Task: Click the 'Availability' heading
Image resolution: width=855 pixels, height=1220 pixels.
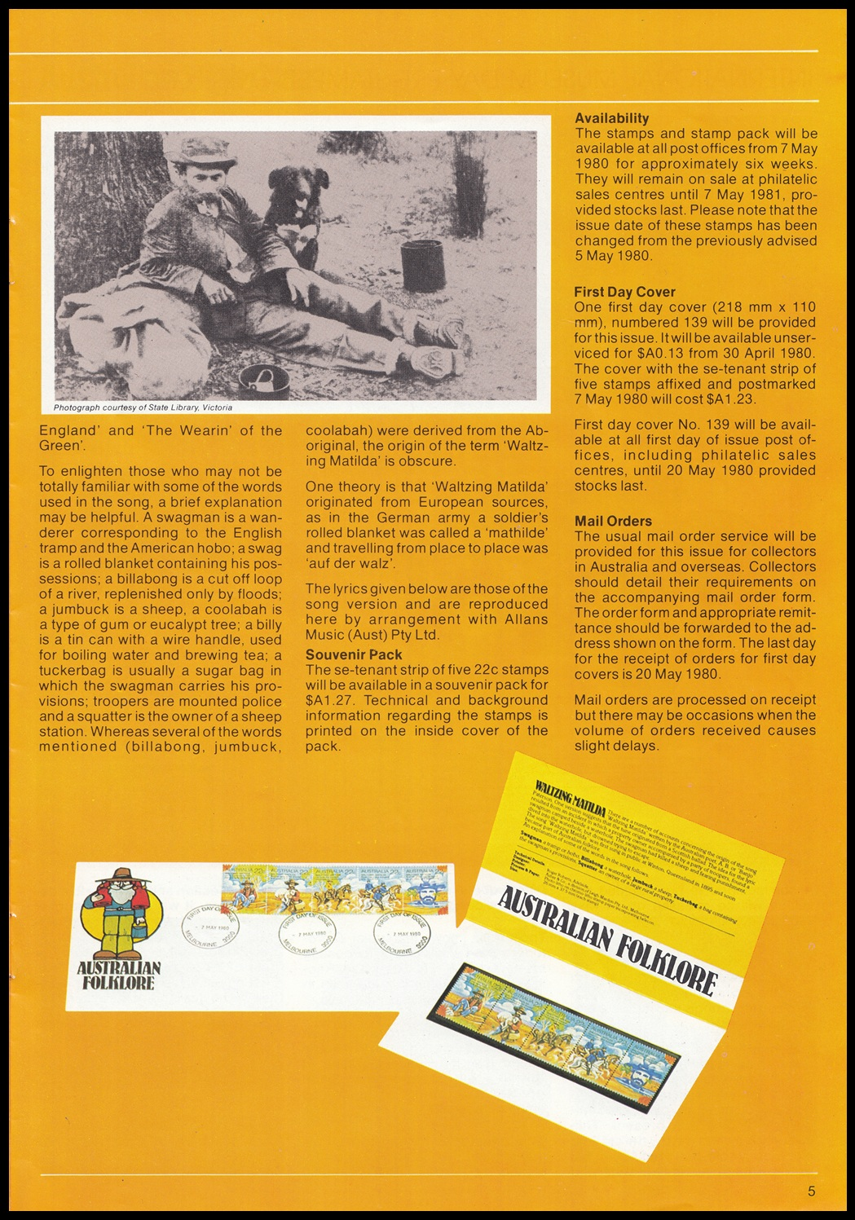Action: [x=611, y=118]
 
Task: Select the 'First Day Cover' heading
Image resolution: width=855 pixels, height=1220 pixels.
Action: [x=624, y=292]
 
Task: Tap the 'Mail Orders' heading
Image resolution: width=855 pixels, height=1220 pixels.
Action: [x=613, y=521]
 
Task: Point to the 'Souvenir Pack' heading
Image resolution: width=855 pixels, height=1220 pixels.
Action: [x=354, y=654]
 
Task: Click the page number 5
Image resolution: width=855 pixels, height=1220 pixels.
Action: [x=811, y=1191]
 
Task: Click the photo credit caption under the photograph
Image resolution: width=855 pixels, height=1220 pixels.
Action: [x=143, y=407]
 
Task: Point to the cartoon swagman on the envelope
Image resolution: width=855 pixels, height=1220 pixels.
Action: [x=123, y=913]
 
